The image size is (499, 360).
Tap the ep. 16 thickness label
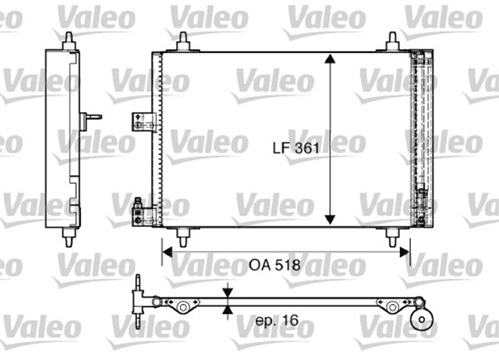(x=275, y=319)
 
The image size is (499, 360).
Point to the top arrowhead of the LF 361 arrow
(x=331, y=60)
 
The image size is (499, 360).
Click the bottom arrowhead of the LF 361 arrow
(x=331, y=221)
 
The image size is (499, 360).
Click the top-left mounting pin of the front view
(x=182, y=42)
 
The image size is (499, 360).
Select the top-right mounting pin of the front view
(x=391, y=42)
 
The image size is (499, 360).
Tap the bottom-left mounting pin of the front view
(x=182, y=236)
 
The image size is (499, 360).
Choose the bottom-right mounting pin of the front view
(x=391, y=236)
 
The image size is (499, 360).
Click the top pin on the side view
(x=69, y=40)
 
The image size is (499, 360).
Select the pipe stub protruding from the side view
(x=92, y=118)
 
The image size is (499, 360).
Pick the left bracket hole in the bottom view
(x=183, y=307)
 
